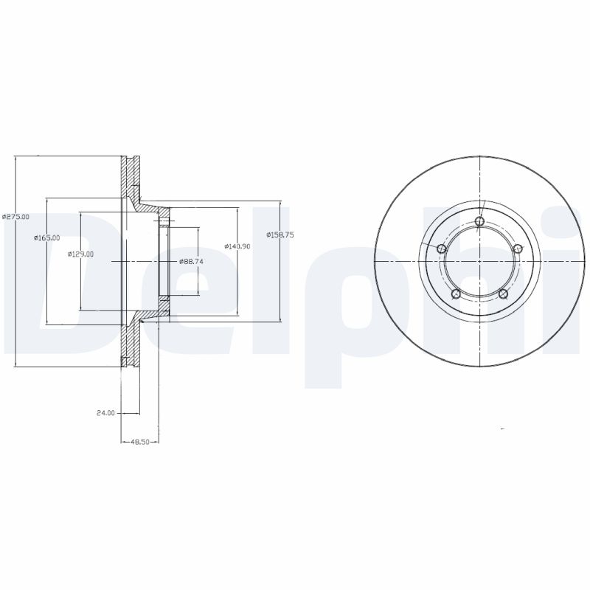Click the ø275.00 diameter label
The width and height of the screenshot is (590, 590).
pos(15,217)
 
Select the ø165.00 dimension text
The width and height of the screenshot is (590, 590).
pos(46,237)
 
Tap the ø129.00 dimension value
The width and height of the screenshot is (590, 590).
pos(80,254)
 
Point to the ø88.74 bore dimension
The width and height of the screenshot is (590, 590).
pos(192,262)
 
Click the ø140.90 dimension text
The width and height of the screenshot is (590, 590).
pos(237,246)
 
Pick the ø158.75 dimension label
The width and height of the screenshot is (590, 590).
pos(280,235)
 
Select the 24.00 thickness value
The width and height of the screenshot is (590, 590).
pos(105,413)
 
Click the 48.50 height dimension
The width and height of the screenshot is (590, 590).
pos(139,442)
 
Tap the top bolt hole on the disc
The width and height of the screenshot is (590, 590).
pos(479,221)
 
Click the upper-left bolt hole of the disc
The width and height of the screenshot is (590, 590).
pos(441,249)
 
